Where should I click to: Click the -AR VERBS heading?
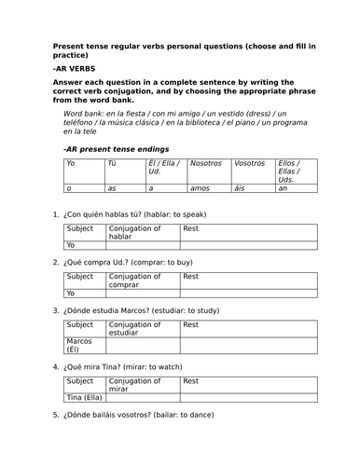click(73, 69)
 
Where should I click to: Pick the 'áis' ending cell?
click(240, 189)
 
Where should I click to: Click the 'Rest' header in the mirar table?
click(191, 381)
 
